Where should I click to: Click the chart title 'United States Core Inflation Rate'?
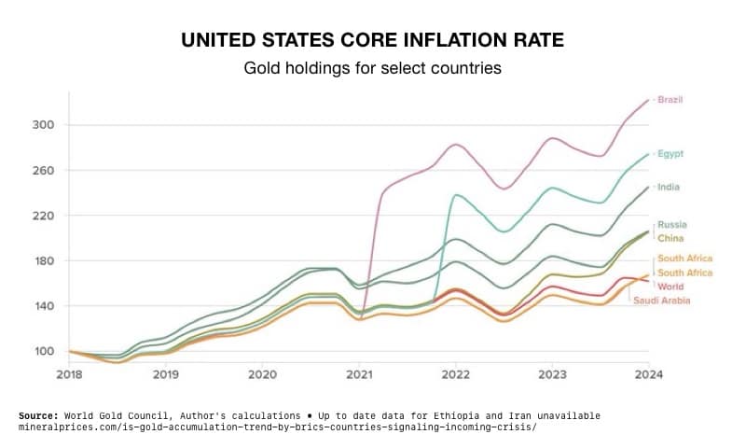[x=372, y=41]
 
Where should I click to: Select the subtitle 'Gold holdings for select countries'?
[x=372, y=68]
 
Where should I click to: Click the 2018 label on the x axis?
[x=69, y=375]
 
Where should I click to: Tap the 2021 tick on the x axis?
[x=359, y=375]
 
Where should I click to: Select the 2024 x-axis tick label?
[x=648, y=375]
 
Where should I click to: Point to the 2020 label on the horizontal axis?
[x=262, y=375]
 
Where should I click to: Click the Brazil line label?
[x=670, y=99]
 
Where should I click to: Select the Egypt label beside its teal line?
[x=670, y=154]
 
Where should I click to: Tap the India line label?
[x=668, y=187]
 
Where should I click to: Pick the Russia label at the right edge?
[x=671, y=225]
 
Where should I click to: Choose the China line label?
[x=670, y=238]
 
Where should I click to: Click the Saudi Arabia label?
[x=663, y=301]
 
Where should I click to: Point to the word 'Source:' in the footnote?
[x=38, y=415]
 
